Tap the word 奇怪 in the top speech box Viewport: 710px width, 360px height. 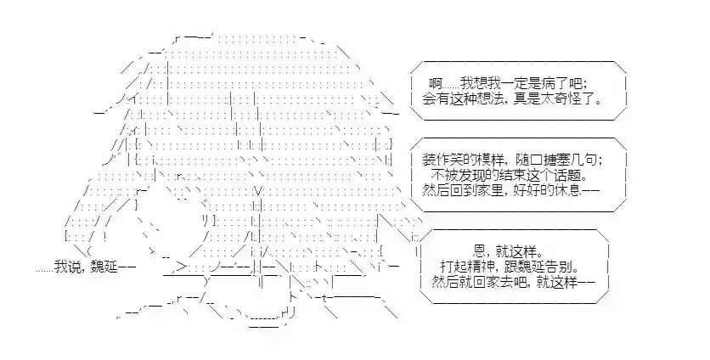click(x=578, y=99)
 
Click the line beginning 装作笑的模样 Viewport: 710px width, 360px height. click(x=512, y=160)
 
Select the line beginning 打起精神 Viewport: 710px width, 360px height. click(x=510, y=266)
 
